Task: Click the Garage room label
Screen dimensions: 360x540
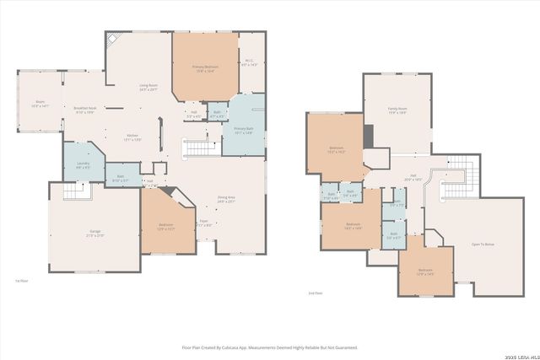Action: (x=94, y=234)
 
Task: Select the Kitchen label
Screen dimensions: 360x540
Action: (x=133, y=137)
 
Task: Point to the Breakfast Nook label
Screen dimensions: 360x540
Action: (x=84, y=110)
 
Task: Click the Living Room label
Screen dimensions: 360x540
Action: (x=149, y=87)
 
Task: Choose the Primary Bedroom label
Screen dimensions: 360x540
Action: (x=204, y=69)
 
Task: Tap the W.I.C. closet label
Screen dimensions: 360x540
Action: (x=251, y=62)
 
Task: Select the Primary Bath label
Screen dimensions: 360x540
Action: (x=244, y=131)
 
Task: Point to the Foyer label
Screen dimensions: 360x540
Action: (x=203, y=223)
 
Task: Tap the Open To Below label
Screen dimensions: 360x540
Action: (x=483, y=244)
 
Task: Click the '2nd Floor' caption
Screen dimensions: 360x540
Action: (x=316, y=293)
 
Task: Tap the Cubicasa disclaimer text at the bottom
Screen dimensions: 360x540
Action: (x=270, y=347)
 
